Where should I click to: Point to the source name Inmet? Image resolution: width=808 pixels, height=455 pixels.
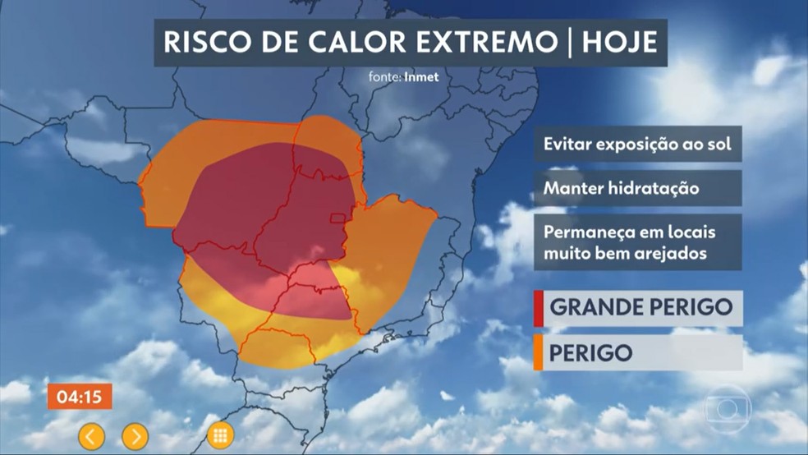coord(421,77)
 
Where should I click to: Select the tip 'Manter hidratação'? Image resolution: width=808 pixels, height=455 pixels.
coord(621,188)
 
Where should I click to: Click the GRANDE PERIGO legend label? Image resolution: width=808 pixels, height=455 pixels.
coord(640,308)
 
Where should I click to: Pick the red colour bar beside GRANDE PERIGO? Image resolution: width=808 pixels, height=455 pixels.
coord(538,308)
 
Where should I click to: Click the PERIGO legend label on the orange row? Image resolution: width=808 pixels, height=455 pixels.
coord(591,352)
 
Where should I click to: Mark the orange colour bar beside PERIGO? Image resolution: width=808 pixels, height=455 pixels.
coord(538,352)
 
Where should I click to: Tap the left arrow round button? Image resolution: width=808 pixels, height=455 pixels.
coord(91,435)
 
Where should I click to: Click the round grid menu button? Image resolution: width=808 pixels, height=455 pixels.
coord(220,435)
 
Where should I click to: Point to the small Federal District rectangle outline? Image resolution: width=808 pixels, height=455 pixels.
coord(337,218)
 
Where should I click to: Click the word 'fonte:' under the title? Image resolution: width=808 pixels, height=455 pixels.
coord(385,77)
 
